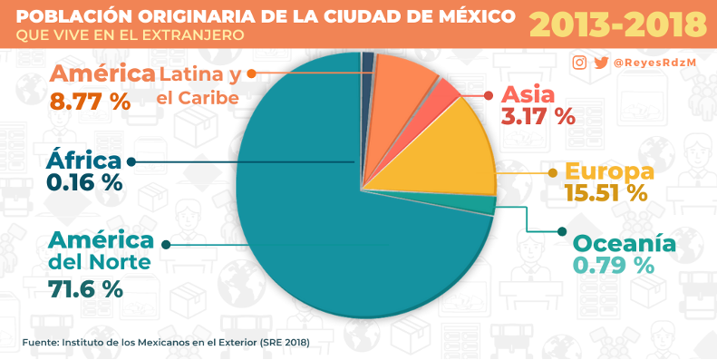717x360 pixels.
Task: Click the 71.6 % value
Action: [85, 288]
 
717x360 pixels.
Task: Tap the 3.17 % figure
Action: [538, 115]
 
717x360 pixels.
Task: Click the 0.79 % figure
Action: [613, 265]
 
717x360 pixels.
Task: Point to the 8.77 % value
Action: [91, 101]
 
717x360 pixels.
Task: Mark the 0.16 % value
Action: [84, 182]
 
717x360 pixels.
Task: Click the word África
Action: [84, 161]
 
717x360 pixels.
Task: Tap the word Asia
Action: [528, 94]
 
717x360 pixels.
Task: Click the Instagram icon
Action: [579, 63]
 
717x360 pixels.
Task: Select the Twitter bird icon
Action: [601, 63]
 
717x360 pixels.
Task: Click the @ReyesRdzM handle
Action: [654, 63]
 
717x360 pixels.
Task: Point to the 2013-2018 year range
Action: [618, 24]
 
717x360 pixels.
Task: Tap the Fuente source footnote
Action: [166, 342]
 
